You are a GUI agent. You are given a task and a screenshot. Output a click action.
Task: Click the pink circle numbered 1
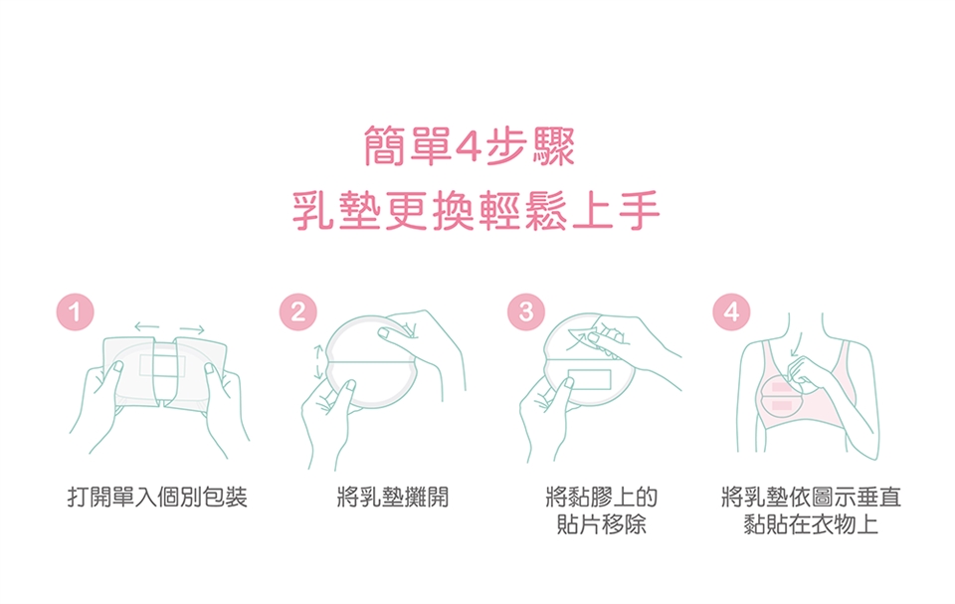click(75, 312)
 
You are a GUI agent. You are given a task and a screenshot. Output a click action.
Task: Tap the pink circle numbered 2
click(297, 312)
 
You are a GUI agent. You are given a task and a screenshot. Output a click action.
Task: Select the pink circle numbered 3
click(526, 312)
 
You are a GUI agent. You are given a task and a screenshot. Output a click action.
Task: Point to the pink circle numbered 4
click(731, 312)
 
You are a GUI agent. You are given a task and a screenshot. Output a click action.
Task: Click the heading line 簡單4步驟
click(469, 146)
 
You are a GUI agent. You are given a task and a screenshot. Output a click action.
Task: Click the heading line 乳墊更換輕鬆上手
click(477, 211)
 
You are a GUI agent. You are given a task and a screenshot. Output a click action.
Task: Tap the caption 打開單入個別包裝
click(157, 498)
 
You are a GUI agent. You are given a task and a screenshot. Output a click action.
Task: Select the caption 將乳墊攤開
click(393, 498)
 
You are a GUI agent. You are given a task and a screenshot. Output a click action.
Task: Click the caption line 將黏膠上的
click(602, 498)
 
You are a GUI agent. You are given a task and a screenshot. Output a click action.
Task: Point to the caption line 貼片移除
click(602, 524)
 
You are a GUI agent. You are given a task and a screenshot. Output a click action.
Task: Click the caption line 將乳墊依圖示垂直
click(811, 498)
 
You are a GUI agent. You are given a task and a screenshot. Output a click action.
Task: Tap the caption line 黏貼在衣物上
click(811, 524)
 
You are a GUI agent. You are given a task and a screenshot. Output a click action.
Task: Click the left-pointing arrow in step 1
click(147, 326)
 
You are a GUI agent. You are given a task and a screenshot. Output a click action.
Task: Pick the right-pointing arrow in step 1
click(192, 329)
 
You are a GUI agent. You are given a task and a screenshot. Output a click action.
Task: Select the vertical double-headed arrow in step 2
click(317, 362)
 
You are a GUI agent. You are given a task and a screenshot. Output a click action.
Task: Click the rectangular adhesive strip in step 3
click(589, 379)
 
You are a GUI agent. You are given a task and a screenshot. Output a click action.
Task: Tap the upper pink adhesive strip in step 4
click(782, 387)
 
